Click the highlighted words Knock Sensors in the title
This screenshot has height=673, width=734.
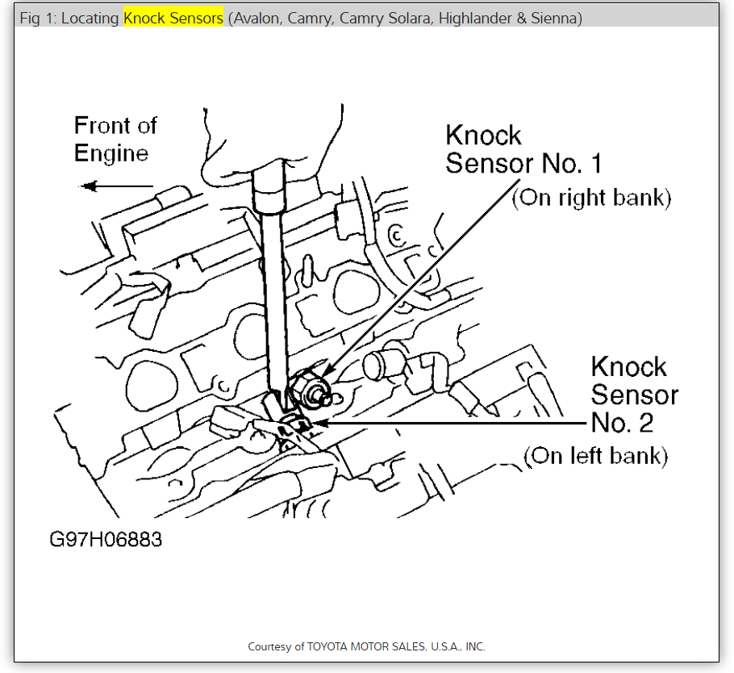(173, 18)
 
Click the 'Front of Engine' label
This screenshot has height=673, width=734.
(115, 140)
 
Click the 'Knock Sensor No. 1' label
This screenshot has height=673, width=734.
(523, 149)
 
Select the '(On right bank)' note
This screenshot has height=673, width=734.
(591, 198)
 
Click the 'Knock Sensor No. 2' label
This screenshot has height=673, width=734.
(634, 395)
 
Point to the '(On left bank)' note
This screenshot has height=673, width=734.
(595, 456)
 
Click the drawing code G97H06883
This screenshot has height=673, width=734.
(106, 539)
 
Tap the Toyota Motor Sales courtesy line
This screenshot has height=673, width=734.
(366, 646)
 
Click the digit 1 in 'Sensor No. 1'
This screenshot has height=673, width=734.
(594, 164)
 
